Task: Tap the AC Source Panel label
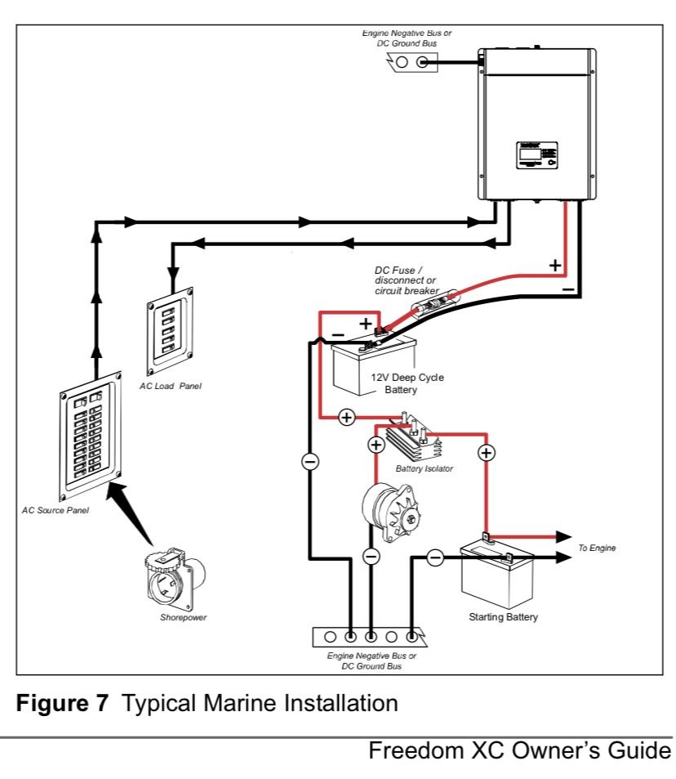pyautogui.click(x=55, y=510)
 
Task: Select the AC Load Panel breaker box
pyautogui.click(x=172, y=329)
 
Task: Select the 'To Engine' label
pyautogui.click(x=596, y=547)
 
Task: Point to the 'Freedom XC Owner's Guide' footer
pyautogui.click(x=520, y=751)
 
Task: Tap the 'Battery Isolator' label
pyautogui.click(x=424, y=469)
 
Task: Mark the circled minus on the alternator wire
pyautogui.click(x=371, y=557)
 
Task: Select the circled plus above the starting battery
pyautogui.click(x=487, y=452)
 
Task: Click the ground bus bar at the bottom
pyautogui.click(x=371, y=636)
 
